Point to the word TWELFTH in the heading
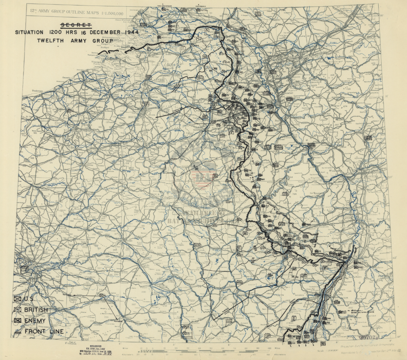coord(53,41)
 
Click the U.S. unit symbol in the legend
coord(18,300)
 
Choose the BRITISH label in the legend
coord(36,310)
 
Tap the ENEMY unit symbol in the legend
coord(18,321)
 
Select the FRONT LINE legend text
coord(44,331)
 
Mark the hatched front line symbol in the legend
coord(18,332)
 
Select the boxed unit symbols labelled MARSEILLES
coord(187,333)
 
